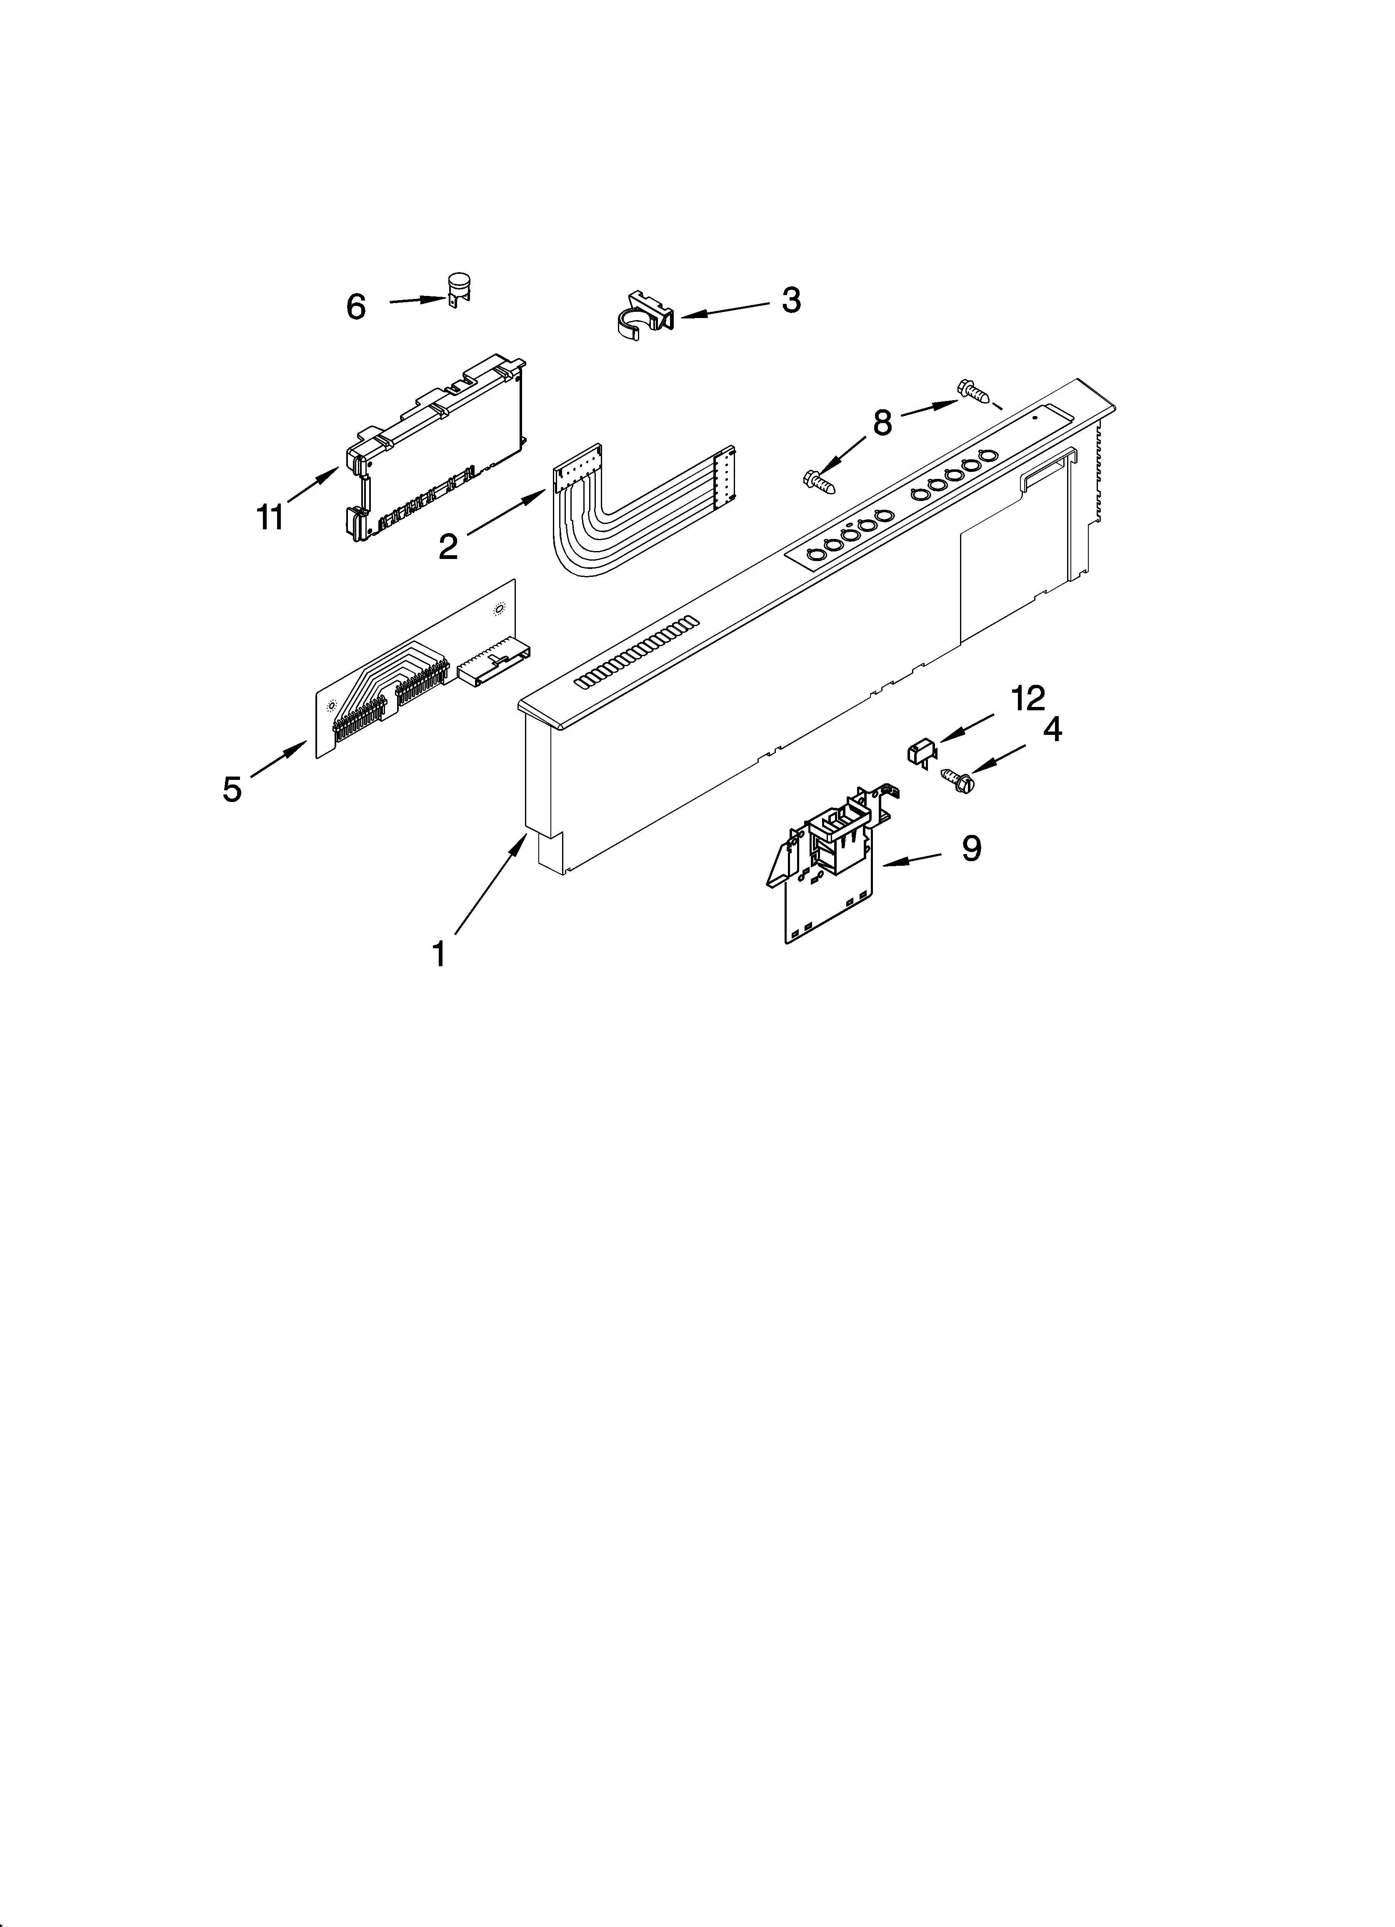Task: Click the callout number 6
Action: (355, 307)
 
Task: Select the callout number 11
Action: (270, 517)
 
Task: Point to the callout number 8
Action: (882, 422)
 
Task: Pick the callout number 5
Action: (232, 789)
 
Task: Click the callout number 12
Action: (1027, 699)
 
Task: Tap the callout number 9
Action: (971, 848)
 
